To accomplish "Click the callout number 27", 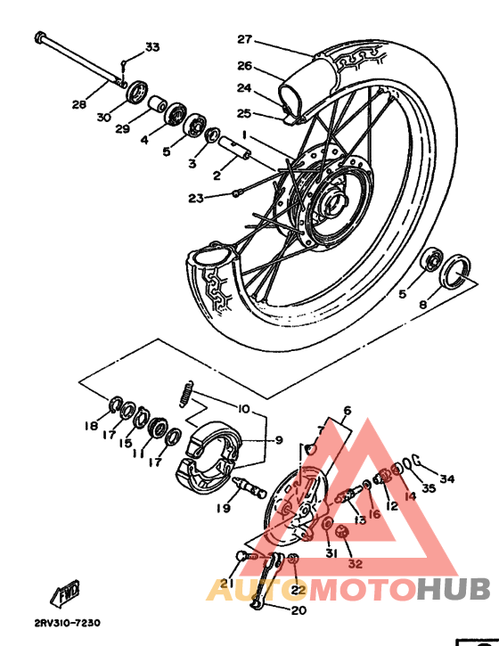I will [x=245, y=39].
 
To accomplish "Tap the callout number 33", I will [x=152, y=47].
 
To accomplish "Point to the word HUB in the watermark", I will [x=454, y=589].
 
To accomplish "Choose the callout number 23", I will [x=196, y=198].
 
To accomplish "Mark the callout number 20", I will [x=298, y=610].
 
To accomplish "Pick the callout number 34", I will [x=447, y=479].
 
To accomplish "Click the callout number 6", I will [x=347, y=411].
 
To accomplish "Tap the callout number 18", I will [x=91, y=426].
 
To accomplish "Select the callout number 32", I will [x=356, y=563].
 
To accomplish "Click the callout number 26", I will [x=245, y=65].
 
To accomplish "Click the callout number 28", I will [x=79, y=104].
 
